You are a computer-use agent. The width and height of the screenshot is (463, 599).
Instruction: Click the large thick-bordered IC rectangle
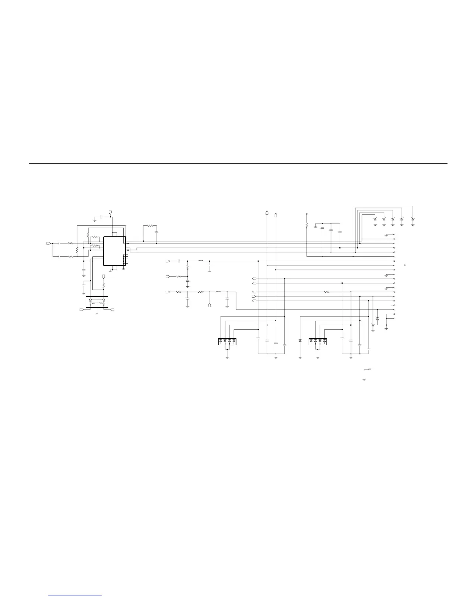[x=114, y=251]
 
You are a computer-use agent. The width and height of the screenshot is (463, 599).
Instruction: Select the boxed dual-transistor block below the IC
[x=97, y=302]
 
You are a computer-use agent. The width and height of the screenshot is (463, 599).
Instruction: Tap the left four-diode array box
[x=227, y=341]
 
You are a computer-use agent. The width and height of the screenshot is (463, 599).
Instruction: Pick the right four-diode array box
[x=318, y=341]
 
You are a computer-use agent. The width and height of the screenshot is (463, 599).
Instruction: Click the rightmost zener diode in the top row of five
[x=413, y=219]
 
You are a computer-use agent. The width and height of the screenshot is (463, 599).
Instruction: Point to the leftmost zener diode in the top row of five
[x=375, y=219]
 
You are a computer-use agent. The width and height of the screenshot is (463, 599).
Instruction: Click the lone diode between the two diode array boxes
[x=300, y=341]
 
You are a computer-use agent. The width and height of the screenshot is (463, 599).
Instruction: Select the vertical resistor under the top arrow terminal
[x=307, y=226]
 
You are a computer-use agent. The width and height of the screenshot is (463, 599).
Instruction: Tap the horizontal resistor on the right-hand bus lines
[x=327, y=292]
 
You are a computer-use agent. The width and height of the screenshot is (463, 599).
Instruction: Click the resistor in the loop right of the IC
[x=150, y=226]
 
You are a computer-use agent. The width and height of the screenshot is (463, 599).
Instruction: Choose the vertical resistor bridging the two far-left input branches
[x=77, y=250]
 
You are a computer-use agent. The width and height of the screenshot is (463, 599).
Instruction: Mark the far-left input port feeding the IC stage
[x=48, y=244]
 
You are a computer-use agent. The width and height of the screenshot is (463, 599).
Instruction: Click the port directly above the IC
[x=110, y=212]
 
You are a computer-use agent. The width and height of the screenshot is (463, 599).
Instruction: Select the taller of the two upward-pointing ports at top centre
[x=267, y=213]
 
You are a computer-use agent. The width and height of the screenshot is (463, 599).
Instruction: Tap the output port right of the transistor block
[x=112, y=310]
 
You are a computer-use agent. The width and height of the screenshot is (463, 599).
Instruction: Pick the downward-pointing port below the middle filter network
[x=210, y=305]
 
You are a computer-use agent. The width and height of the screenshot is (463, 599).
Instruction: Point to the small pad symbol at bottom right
[x=370, y=369]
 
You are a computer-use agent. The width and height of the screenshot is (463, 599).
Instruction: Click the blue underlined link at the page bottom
[x=75, y=596]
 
